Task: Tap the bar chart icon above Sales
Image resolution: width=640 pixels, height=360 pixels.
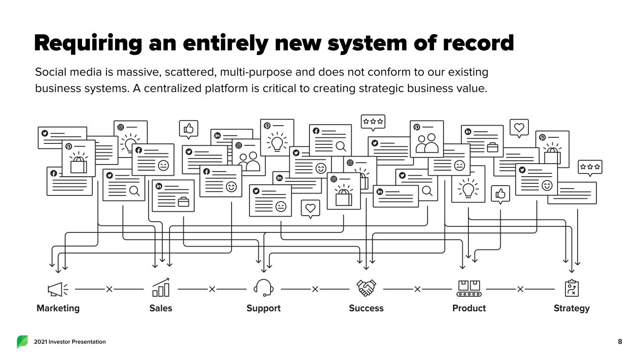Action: (x=161, y=287)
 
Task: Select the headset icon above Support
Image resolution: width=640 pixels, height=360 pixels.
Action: (x=264, y=288)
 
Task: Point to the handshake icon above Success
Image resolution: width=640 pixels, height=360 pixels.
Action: (x=366, y=288)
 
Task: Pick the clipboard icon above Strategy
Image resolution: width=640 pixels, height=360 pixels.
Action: (x=572, y=288)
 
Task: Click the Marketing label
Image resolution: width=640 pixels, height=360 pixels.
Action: (x=58, y=308)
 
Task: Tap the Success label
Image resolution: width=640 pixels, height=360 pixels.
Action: (x=366, y=308)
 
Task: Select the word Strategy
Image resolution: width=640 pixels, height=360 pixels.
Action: (x=572, y=308)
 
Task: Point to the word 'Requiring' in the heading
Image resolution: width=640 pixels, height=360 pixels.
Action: (x=88, y=44)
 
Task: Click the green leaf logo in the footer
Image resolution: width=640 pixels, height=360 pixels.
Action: (x=23, y=342)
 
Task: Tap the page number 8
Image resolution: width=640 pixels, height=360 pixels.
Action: (x=620, y=342)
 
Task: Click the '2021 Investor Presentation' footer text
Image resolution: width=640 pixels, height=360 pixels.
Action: (x=70, y=342)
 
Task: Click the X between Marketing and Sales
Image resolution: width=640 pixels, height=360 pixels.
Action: (x=109, y=289)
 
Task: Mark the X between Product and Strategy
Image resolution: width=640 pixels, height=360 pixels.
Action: (x=520, y=289)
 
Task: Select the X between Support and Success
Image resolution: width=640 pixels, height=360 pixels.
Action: (x=315, y=289)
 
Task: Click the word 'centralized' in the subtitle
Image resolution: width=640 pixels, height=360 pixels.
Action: (x=173, y=88)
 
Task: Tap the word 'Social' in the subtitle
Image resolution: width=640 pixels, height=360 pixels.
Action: (x=51, y=72)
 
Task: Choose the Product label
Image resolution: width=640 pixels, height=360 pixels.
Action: (x=469, y=308)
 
